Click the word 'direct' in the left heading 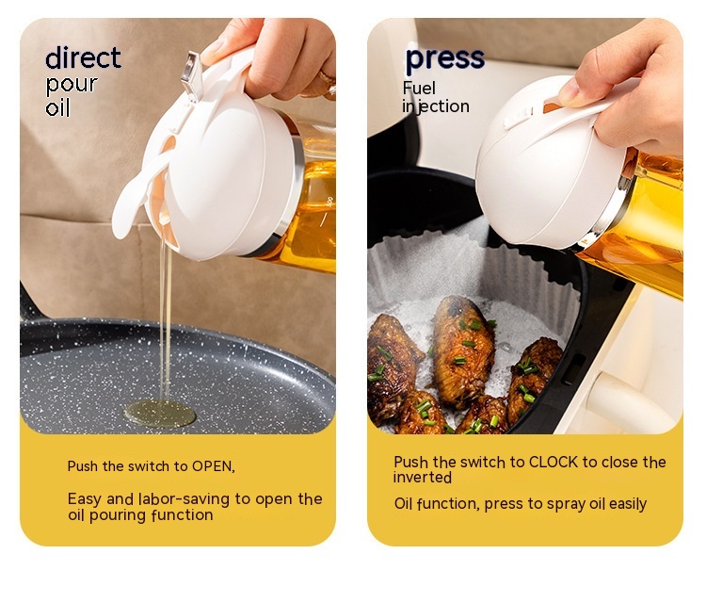pyautogui.click(x=83, y=57)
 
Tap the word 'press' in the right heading pyautogui.click(x=445, y=59)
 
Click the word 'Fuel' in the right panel pyautogui.click(x=419, y=89)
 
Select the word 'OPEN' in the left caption pyautogui.click(x=212, y=466)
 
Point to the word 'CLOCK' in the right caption pyautogui.click(x=554, y=462)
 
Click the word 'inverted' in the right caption pyautogui.click(x=423, y=478)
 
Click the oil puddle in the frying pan pyautogui.click(x=160, y=413)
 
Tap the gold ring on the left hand pyautogui.click(x=328, y=83)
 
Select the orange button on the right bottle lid pyautogui.click(x=553, y=107)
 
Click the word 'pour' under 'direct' pyautogui.click(x=72, y=85)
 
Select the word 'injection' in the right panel pyautogui.click(x=436, y=106)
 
